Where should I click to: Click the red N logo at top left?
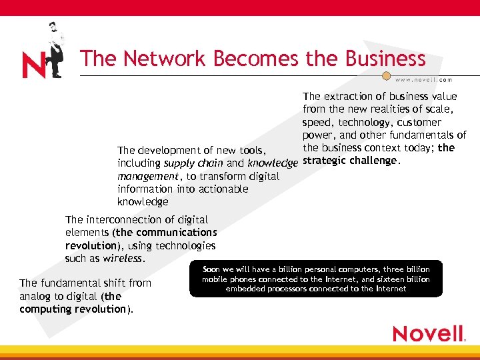(x=35, y=65)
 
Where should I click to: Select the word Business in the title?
(x=385, y=59)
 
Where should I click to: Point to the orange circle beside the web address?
(x=386, y=76)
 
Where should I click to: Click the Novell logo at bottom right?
(x=428, y=333)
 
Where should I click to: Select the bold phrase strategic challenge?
(x=351, y=161)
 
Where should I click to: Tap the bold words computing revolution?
(x=73, y=309)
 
